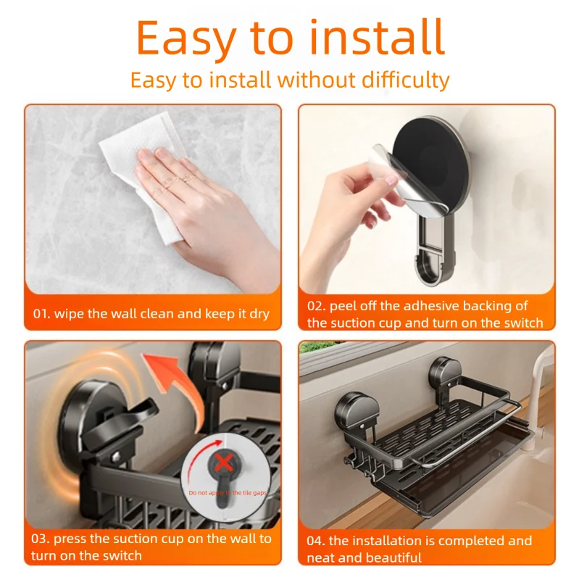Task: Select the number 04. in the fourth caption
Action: click(x=316, y=541)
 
